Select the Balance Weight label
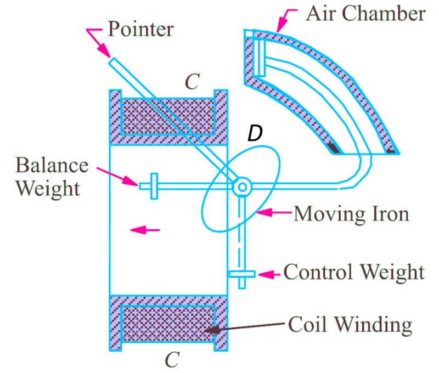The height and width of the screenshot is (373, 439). pyautogui.click(x=53, y=177)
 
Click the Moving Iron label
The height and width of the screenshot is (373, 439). pyautogui.click(x=352, y=212)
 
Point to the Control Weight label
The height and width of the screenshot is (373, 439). pyautogui.click(x=354, y=272)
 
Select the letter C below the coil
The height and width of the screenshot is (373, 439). pyautogui.click(x=172, y=359)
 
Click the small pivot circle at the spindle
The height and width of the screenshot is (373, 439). pyautogui.click(x=241, y=187)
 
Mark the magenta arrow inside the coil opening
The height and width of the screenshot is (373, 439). pyautogui.click(x=145, y=230)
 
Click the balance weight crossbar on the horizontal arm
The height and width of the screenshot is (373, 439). pyautogui.click(x=154, y=186)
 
